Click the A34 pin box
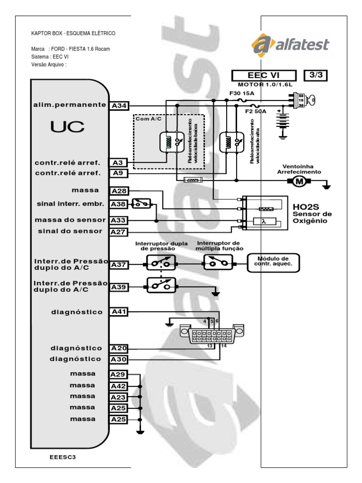(119, 106)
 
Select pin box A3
(119, 163)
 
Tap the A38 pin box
(119, 204)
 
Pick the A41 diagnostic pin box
(119, 312)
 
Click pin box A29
(119, 375)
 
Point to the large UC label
(68, 126)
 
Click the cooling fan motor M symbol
(297, 181)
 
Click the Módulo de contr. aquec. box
(273, 262)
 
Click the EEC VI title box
(263, 75)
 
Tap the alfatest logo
(290, 45)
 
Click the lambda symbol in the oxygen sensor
(264, 221)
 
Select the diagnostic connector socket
(213, 335)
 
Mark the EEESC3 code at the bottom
(62, 457)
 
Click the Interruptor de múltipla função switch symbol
(218, 262)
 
